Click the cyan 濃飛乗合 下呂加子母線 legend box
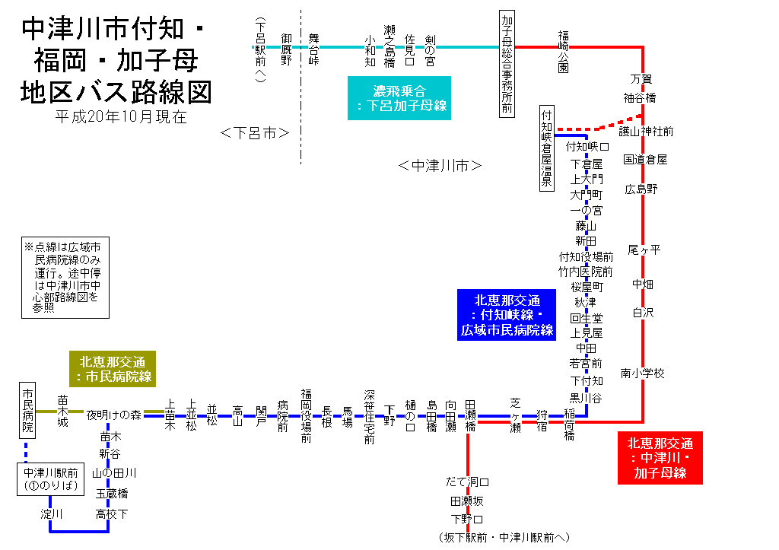pyautogui.click(x=399, y=97)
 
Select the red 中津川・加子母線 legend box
pyautogui.click(x=660, y=457)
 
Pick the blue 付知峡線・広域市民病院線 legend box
pyautogui.click(x=507, y=315)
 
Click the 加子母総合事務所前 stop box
pyautogui.click(x=507, y=63)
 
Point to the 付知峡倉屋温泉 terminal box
pyautogui.click(x=546, y=148)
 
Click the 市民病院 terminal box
pyautogui.click(x=28, y=410)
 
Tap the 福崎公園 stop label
pyautogui.click(x=563, y=51)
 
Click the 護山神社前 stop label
pyautogui.click(x=646, y=132)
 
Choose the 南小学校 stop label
pyautogui.click(x=642, y=374)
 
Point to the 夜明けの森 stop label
pyautogui.click(x=114, y=415)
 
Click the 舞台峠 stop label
pyautogui.click(x=313, y=48)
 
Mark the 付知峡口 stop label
pyautogui.click(x=588, y=146)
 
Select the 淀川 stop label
pyautogui.click(x=52, y=514)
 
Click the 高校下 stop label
pyautogui.click(x=112, y=514)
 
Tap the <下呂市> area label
pyautogui.click(x=254, y=133)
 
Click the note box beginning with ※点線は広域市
pyautogui.click(x=66, y=278)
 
